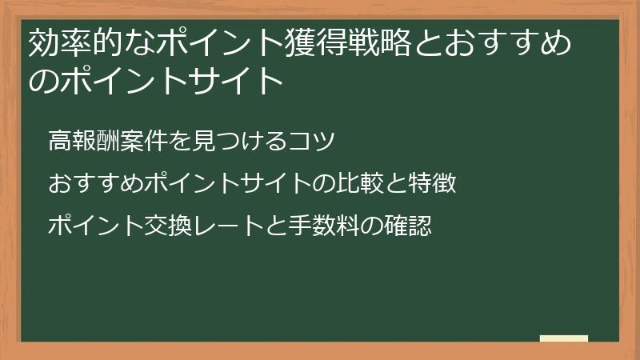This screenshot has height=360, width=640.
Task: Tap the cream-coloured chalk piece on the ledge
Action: (x=564, y=338)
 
